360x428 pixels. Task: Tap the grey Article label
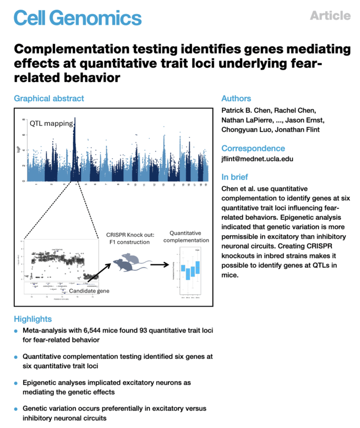(330, 16)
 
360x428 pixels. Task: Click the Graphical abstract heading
(49, 99)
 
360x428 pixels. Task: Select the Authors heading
(236, 99)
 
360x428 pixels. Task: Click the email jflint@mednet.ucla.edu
(257, 159)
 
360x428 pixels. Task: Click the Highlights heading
(33, 319)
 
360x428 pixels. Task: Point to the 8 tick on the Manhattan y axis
(24, 119)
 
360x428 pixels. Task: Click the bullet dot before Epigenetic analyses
(16, 383)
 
